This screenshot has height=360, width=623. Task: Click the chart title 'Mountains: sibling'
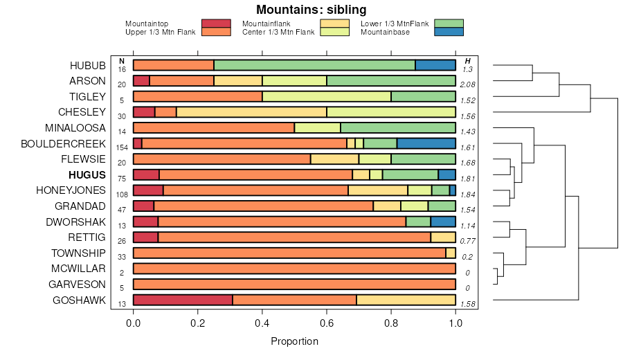[x=311, y=10]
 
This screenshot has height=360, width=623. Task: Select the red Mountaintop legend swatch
[x=216, y=24]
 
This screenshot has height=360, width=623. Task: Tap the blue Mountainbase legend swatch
[x=449, y=32]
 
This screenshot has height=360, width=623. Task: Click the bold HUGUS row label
[x=87, y=175]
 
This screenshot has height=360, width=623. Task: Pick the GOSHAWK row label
[x=80, y=300]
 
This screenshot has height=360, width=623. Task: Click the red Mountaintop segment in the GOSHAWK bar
[x=183, y=300]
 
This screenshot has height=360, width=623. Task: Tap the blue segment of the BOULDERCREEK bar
[x=426, y=143]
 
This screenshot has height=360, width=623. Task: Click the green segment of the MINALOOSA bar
[x=398, y=128]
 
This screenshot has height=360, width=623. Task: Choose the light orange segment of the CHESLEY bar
[x=251, y=112]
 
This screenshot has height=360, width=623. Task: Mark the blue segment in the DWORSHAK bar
[x=443, y=222]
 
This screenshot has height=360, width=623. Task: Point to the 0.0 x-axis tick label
[x=134, y=322]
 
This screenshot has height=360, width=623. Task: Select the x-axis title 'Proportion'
[x=294, y=341]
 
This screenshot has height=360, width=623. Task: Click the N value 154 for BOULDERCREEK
[x=121, y=148]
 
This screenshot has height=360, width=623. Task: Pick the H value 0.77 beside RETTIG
[x=467, y=242]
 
